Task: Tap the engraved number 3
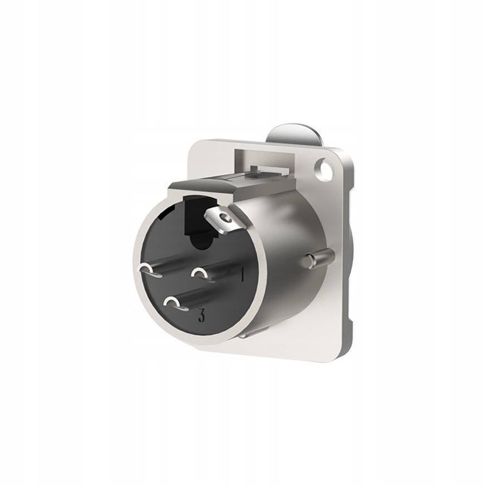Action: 201,317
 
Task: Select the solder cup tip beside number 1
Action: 199,273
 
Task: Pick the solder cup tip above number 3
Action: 173,303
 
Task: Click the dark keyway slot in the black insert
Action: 199,225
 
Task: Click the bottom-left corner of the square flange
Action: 198,348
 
